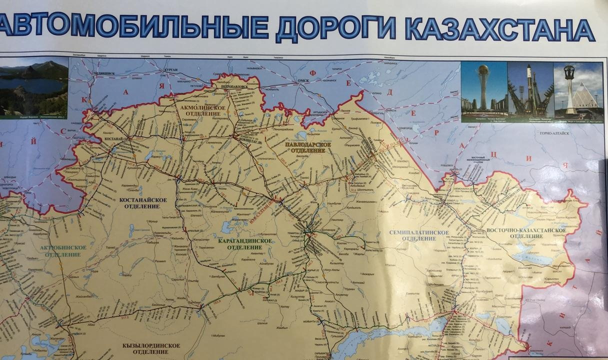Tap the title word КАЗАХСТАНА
click(499, 28)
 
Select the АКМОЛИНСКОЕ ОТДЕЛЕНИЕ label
click(198, 110)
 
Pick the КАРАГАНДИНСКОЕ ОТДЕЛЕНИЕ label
click(245, 243)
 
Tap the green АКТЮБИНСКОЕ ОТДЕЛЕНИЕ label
click(62, 251)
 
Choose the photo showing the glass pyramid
click(578, 90)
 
